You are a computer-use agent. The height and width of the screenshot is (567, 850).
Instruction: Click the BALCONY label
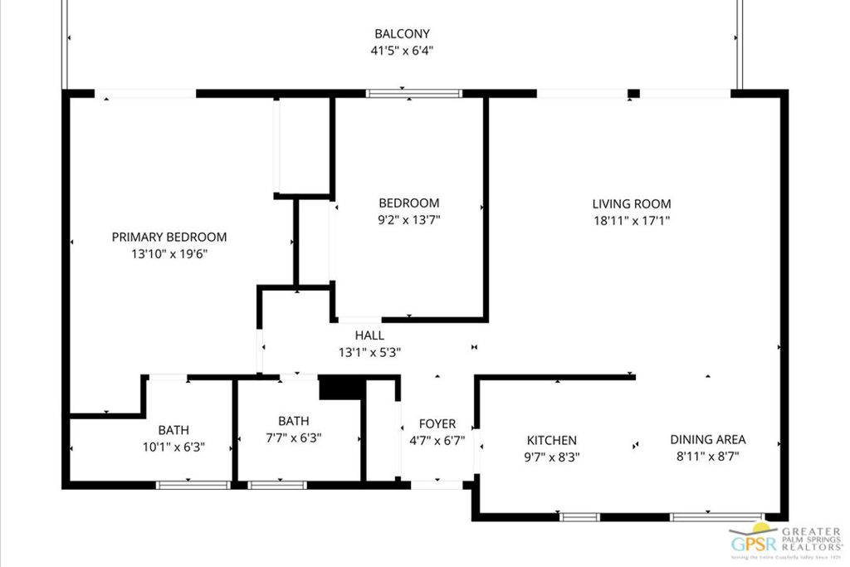[402, 34]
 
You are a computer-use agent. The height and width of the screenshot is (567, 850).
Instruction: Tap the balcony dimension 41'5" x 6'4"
[402, 51]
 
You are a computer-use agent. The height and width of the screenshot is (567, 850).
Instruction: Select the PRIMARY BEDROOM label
[169, 237]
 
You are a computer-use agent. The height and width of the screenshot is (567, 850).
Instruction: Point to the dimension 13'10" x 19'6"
[169, 254]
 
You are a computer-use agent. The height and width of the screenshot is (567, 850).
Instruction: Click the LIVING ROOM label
[631, 203]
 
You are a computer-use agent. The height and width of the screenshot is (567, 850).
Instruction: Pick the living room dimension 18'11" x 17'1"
[631, 221]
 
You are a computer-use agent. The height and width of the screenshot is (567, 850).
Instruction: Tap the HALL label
[369, 335]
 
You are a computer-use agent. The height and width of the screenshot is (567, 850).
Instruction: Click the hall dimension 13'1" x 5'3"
[369, 352]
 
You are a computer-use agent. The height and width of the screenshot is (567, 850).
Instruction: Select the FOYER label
[437, 423]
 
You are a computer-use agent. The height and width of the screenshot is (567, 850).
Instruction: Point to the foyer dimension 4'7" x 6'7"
[437, 440]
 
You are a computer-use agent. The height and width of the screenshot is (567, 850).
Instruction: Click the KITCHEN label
[552, 440]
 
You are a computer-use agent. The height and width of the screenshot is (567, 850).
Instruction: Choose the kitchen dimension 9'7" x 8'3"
[552, 457]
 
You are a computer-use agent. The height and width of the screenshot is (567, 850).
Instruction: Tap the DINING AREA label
[708, 439]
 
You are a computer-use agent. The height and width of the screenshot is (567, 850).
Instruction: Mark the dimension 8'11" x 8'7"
[708, 456]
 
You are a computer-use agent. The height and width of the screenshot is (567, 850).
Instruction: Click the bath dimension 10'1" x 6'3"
[173, 447]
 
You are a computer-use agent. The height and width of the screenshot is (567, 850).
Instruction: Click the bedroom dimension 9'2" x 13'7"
[409, 220]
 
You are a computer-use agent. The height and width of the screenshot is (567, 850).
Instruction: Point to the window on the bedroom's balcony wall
[413, 94]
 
